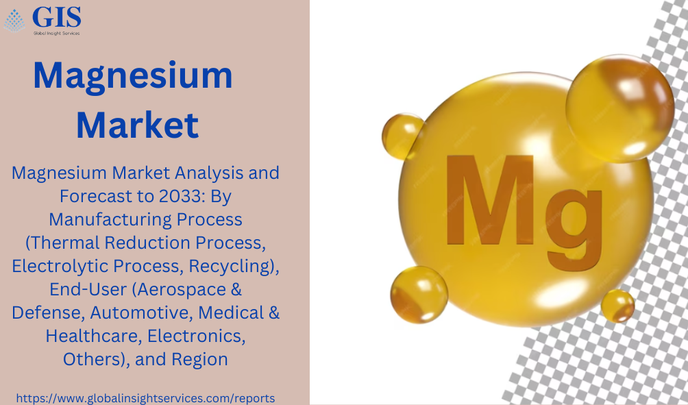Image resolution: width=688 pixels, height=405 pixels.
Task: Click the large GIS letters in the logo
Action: (x=57, y=17)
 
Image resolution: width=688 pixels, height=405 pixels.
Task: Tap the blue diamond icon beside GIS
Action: (x=14, y=21)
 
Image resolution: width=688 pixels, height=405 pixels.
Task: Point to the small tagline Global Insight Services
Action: (x=57, y=33)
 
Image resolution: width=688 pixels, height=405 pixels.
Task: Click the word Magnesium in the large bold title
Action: (x=132, y=76)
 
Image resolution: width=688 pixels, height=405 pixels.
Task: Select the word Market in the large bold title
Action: (x=138, y=125)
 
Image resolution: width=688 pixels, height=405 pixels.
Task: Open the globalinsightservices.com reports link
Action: (x=146, y=398)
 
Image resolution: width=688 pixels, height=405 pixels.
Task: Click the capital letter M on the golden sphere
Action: (x=489, y=200)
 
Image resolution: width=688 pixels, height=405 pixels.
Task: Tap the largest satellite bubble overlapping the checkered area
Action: (x=620, y=108)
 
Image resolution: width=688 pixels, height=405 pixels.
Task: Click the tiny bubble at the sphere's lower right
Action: (x=618, y=306)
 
